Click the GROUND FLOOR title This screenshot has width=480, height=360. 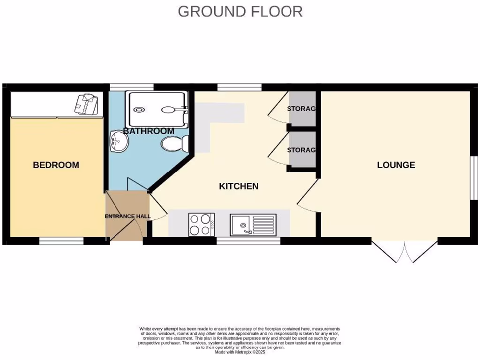[240, 11]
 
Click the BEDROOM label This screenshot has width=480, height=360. [56, 165]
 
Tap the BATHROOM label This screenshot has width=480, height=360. [149, 131]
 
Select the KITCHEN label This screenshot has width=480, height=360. [239, 186]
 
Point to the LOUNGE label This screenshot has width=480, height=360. [396, 165]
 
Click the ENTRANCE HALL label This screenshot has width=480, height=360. [127, 217]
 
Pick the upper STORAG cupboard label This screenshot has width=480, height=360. [301, 109]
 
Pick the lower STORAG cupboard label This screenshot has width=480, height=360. [301, 150]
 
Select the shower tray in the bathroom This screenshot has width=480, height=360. [158, 110]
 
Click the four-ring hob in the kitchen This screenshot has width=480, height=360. [201, 225]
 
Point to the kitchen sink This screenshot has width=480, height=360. [254, 225]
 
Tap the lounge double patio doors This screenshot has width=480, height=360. [405, 252]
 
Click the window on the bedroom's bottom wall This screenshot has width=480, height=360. [61, 241]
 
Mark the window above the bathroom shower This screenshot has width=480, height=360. [131, 87]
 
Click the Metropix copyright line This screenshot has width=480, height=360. [240, 352]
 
